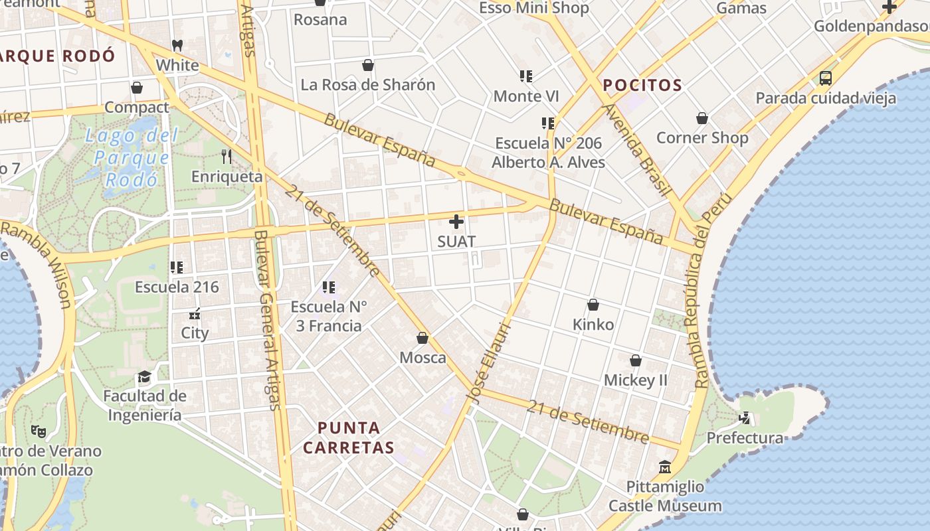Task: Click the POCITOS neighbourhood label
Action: [642, 85]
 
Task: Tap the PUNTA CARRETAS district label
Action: [349, 437]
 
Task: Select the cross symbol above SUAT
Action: [456, 222]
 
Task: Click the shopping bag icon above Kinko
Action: [593, 305]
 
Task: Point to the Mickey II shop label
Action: [635, 380]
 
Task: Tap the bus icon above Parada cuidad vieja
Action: [825, 78]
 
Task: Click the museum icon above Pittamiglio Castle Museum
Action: [665, 467]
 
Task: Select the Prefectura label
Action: [745, 438]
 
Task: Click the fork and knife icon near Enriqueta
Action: [227, 157]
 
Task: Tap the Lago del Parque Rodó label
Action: [132, 157]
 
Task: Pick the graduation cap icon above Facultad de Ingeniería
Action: [144, 377]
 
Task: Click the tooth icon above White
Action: [177, 45]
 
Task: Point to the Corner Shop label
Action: [702, 137]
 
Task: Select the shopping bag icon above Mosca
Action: [422, 338]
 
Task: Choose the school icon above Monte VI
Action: [526, 76]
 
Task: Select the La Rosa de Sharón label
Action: [367, 85]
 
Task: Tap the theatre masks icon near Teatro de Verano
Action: [39, 431]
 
